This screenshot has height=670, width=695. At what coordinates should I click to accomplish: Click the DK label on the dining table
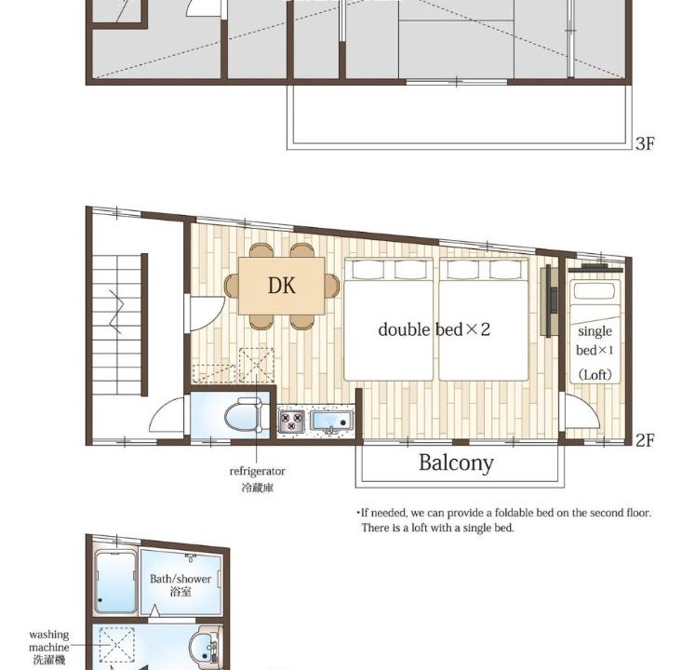pyautogui.click(x=282, y=286)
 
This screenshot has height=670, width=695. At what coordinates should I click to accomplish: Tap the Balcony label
pyautogui.click(x=456, y=462)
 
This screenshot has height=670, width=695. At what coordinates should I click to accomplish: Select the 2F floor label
pyautogui.click(x=645, y=440)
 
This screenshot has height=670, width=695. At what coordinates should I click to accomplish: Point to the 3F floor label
pyautogui.click(x=645, y=143)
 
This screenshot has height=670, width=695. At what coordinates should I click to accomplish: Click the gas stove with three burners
pyautogui.click(x=291, y=422)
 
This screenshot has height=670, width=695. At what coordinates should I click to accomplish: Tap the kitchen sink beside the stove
pyautogui.click(x=331, y=422)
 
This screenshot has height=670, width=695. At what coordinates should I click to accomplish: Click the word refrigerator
pyautogui.click(x=257, y=472)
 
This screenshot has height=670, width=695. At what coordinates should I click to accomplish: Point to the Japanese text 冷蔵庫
pyautogui.click(x=257, y=488)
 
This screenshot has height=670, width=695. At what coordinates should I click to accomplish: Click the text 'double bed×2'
pyautogui.click(x=434, y=329)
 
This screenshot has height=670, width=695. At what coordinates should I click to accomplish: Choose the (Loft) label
pyautogui.click(x=595, y=375)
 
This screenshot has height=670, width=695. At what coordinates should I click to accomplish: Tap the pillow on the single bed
pyautogui.click(x=595, y=291)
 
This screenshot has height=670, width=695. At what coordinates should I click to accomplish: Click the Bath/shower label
pyautogui.click(x=180, y=579)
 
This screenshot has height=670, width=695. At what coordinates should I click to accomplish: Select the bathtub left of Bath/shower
pyautogui.click(x=116, y=582)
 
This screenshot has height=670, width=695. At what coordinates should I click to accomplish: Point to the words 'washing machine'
pyautogui.click(x=48, y=641)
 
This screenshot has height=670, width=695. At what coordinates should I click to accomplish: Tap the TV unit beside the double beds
pyautogui.click(x=549, y=301)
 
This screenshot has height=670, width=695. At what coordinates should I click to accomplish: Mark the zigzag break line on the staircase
pyautogui.click(x=115, y=312)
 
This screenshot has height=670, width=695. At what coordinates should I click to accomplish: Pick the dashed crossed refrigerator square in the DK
pyautogui.click(x=256, y=366)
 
